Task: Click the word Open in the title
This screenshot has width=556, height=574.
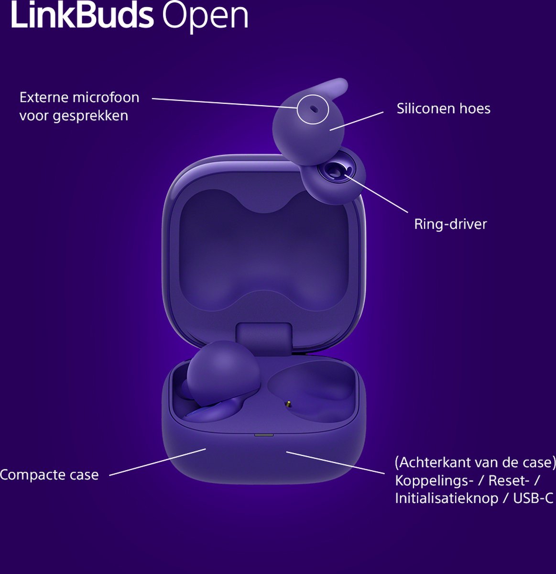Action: tap(205, 17)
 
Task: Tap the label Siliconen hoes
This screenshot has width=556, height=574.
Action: tap(443, 109)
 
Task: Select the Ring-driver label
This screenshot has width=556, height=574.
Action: tap(450, 224)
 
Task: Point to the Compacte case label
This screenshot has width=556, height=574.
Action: tap(49, 475)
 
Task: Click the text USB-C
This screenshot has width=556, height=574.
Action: tap(533, 498)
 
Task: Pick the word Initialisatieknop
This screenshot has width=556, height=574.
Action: tap(446, 498)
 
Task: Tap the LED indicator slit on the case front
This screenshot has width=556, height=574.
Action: tap(264, 435)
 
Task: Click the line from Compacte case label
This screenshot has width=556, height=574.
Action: tap(158, 462)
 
